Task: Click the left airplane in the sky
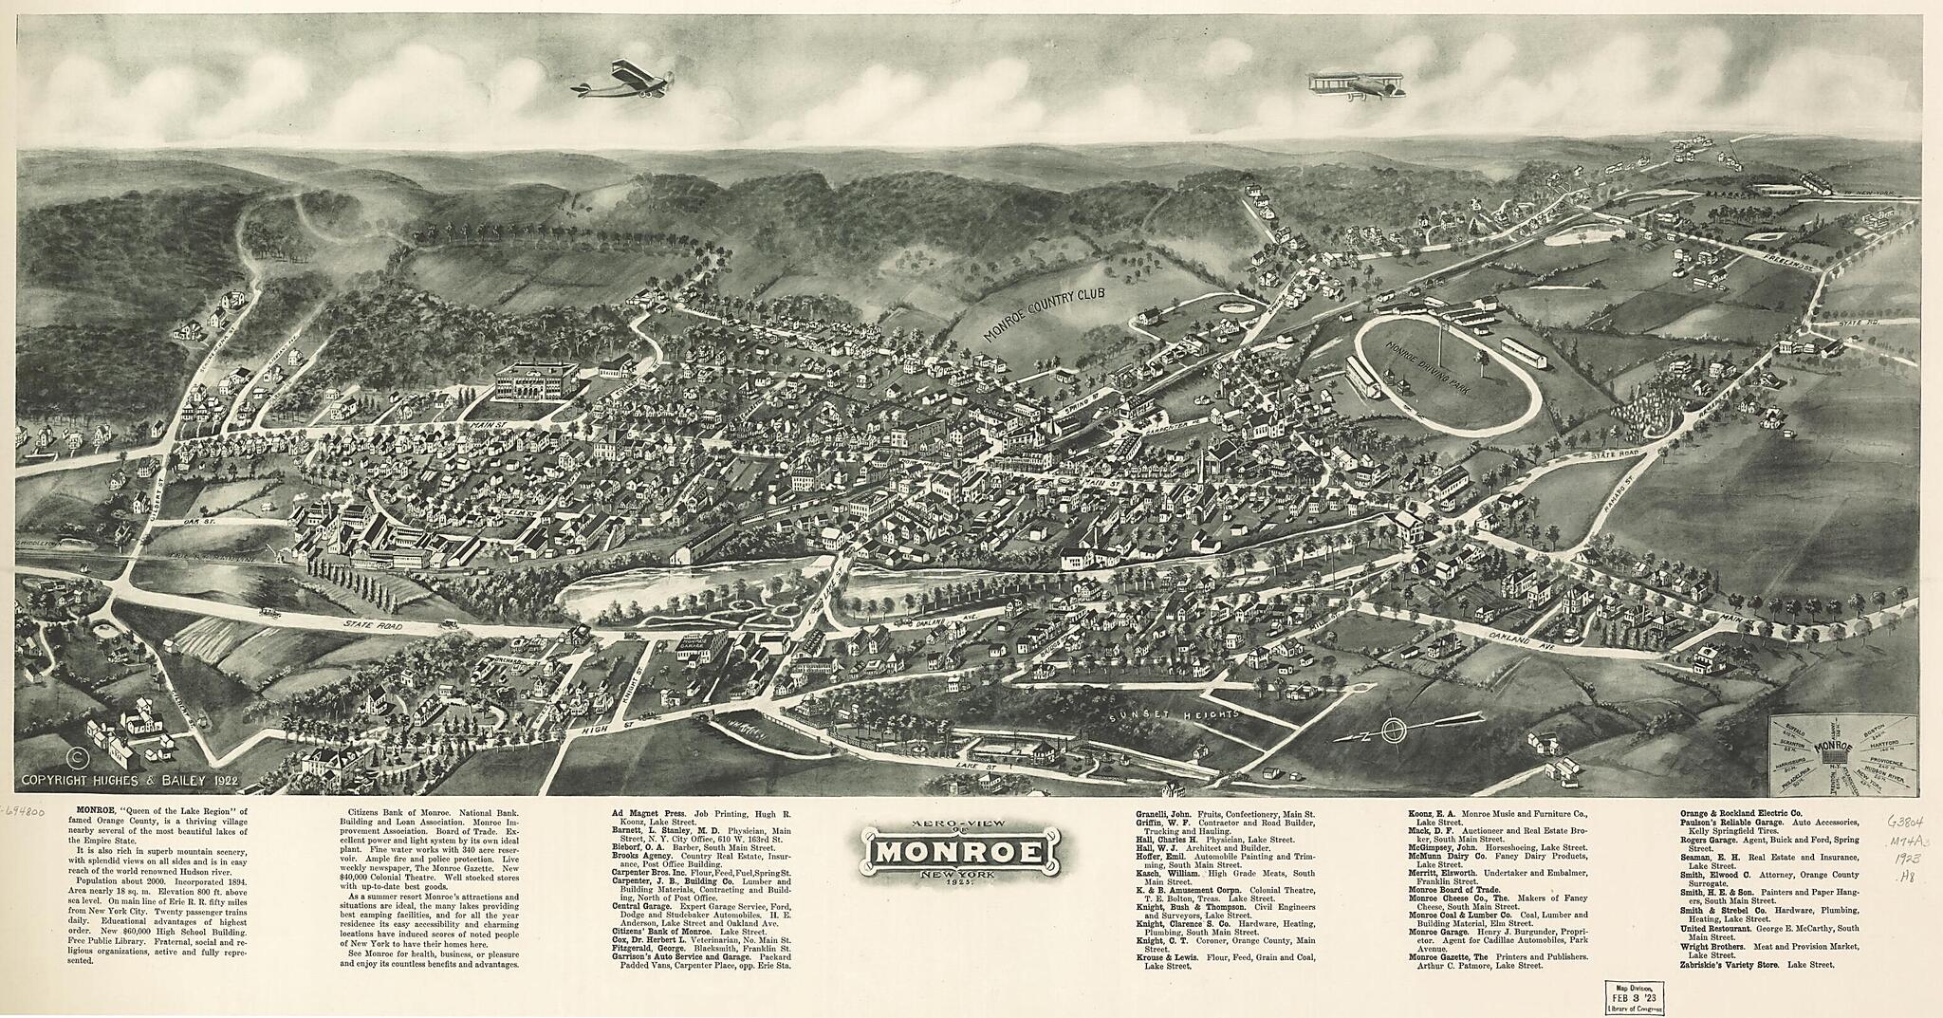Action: [x=625, y=79]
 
